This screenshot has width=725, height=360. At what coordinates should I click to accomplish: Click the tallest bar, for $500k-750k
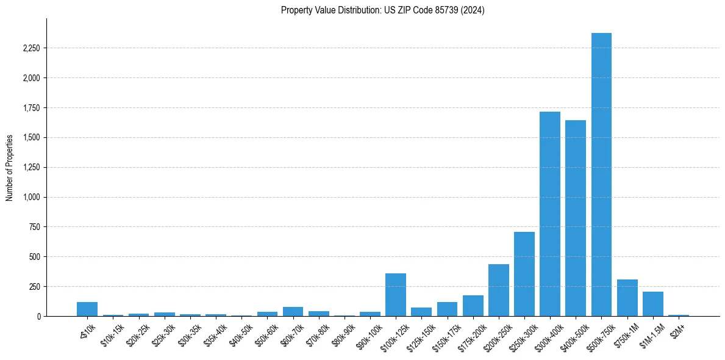(601, 175)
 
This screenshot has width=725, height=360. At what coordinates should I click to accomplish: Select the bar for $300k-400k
(549, 214)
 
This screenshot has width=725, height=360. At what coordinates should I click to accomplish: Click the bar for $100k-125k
(396, 295)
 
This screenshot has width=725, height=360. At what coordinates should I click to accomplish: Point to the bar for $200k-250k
(498, 290)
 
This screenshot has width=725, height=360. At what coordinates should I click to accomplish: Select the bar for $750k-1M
(627, 298)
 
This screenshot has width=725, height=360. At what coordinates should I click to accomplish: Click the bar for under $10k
(87, 309)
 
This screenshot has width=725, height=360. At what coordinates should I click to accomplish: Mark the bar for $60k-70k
(293, 312)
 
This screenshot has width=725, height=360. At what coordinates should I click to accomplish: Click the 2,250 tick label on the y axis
(30, 48)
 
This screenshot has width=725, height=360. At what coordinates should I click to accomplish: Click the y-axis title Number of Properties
(10, 167)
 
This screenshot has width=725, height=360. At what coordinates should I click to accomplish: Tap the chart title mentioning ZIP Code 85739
(382, 10)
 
